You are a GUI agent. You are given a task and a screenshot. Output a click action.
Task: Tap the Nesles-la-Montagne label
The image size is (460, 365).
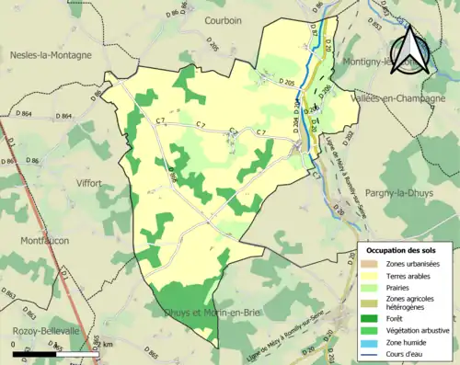pyautogui.click(x=51, y=55)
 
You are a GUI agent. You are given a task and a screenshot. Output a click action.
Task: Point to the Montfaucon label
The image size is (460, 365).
pyautogui.click(x=40, y=241)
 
